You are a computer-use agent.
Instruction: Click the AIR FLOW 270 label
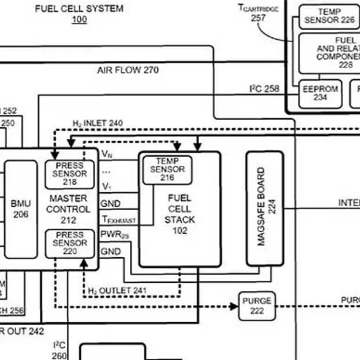coord(128,70)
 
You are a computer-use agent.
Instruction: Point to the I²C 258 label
coord(264,88)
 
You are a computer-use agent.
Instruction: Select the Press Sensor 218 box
coord(70,174)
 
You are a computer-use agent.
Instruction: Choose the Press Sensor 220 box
coord(70,243)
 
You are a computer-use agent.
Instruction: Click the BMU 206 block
coord(21,209)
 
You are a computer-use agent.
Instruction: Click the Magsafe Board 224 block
coord(265,207)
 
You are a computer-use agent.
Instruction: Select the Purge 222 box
coord(257,305)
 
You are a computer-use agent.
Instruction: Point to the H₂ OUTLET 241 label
coord(117,290)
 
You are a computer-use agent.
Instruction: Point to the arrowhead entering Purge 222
coord(235,306)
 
